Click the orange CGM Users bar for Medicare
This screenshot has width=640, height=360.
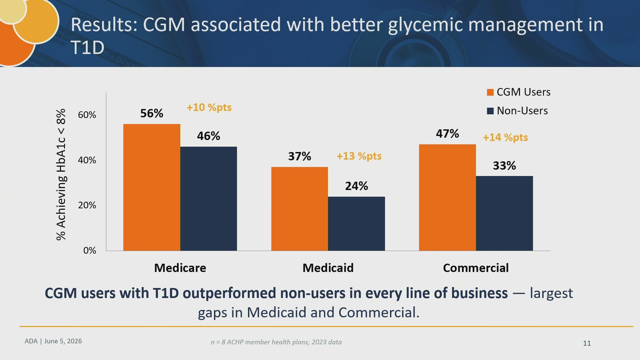(152, 187)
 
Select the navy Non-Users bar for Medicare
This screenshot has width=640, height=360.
(209, 199)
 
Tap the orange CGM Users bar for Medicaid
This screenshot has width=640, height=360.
(300, 209)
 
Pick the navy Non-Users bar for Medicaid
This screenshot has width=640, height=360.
(356, 224)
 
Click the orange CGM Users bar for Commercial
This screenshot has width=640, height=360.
(447, 197)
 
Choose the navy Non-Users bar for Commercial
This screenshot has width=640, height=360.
(504, 213)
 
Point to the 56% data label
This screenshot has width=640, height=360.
(152, 113)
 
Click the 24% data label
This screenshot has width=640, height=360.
(356, 186)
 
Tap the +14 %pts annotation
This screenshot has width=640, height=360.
(505, 138)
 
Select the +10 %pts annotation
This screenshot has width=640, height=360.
(209, 108)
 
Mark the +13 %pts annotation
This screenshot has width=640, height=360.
(359, 156)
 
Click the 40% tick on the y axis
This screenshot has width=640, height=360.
(87, 160)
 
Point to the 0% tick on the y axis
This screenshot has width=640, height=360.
(90, 250)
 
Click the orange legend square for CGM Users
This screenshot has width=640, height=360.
(490, 92)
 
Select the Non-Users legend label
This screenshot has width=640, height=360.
(522, 111)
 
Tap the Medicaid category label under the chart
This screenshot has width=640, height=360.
(328, 268)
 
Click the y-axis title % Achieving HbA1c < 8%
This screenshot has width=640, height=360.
(61, 174)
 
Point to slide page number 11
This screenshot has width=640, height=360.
(587, 343)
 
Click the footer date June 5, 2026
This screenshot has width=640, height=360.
(63, 341)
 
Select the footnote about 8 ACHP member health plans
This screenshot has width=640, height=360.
(276, 342)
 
